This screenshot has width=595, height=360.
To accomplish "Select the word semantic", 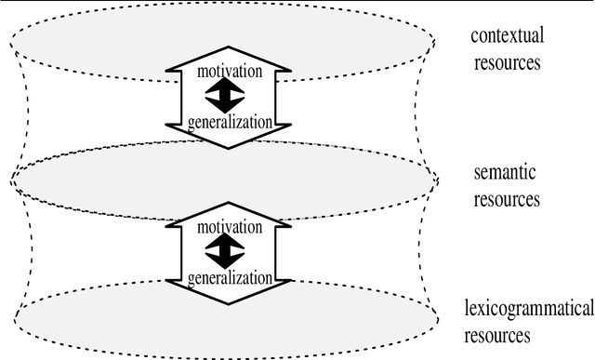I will pos(505,172).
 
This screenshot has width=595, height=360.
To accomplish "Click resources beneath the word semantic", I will pos(505,199).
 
